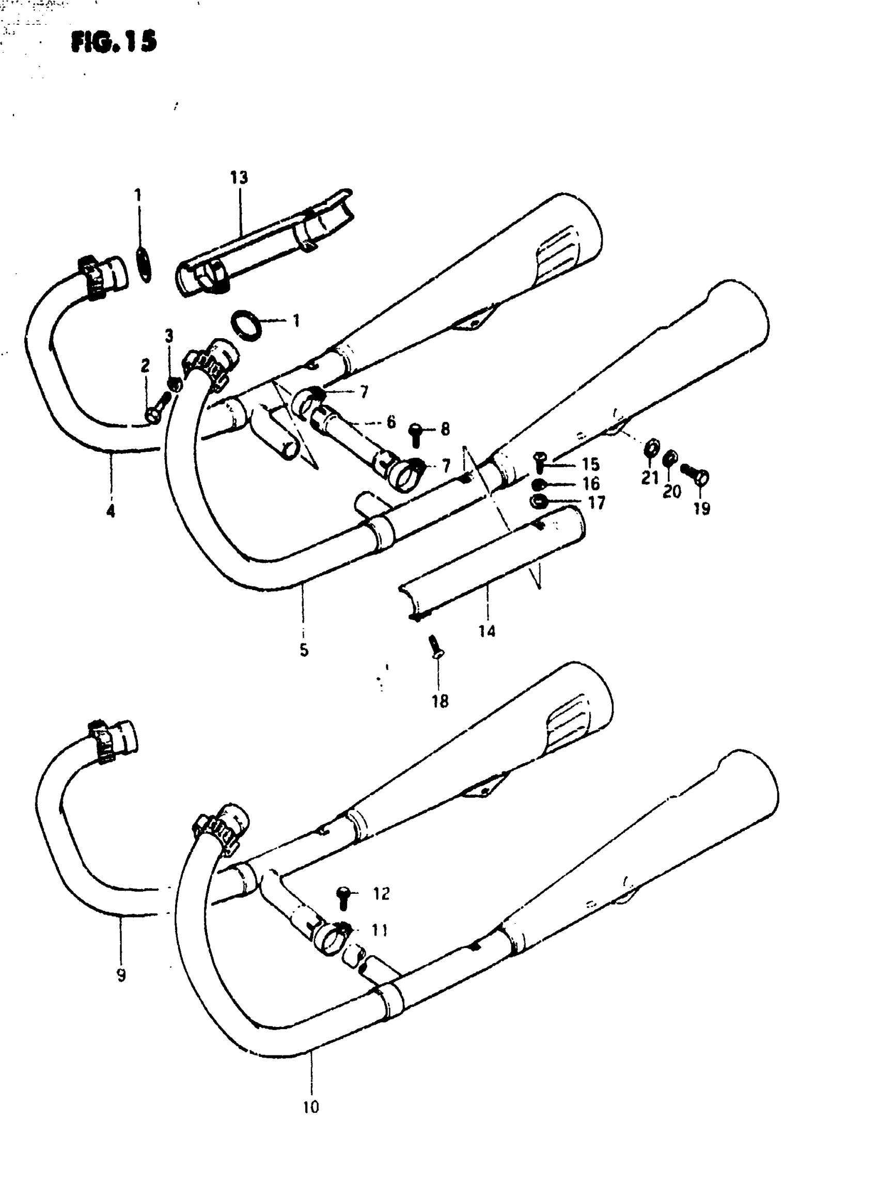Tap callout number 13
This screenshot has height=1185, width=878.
tap(239, 178)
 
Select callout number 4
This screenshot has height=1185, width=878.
tap(111, 511)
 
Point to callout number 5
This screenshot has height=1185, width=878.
tap(304, 650)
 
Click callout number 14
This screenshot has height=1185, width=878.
tap(487, 631)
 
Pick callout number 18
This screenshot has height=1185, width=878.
tap(440, 701)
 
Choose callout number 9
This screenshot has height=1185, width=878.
tap(121, 975)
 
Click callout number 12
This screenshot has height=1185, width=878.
tap(382, 893)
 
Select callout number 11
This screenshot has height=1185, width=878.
tap(380, 930)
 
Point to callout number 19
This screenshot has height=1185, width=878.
tap(701, 509)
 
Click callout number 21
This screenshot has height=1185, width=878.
tap(650, 478)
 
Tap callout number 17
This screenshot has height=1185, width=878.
tap(597, 502)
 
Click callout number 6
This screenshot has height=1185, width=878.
tap(391, 422)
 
